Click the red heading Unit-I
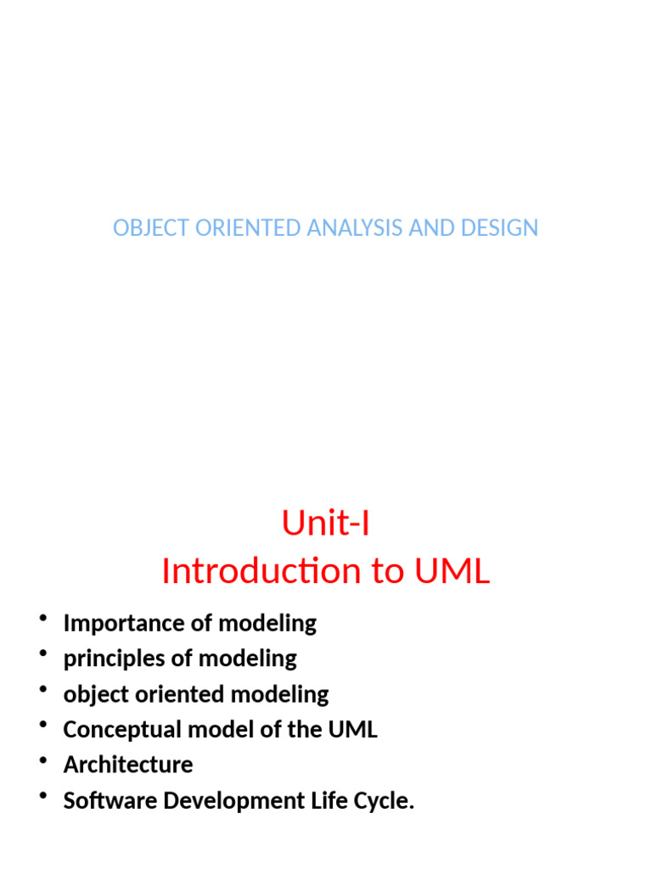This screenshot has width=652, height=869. pyautogui.click(x=325, y=524)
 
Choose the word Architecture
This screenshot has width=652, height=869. pyautogui.click(x=128, y=765)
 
